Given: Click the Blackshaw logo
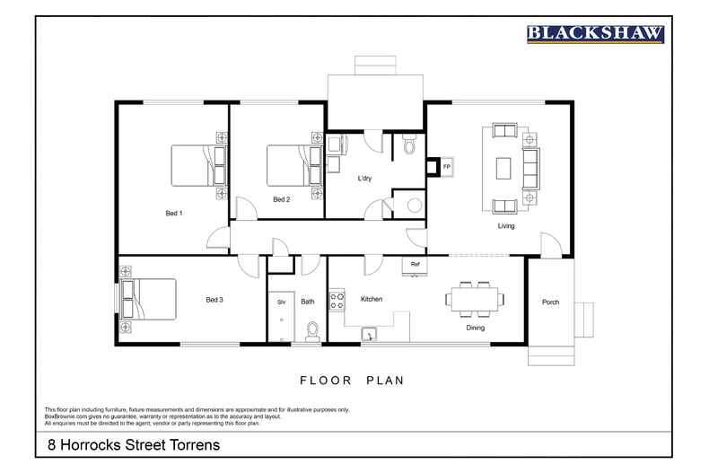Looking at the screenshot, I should point(594,34).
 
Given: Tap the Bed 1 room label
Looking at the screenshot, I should point(174,214).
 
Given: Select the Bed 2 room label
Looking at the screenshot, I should point(281,199).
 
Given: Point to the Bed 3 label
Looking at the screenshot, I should point(214,300).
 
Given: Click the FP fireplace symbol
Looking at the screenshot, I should point(446,167).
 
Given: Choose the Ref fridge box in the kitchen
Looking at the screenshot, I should point(415,265).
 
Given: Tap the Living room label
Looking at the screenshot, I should point(506,226).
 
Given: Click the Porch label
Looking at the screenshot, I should point(550,302).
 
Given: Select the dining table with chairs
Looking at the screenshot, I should point(470,299).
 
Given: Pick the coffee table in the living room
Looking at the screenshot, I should point(504,168).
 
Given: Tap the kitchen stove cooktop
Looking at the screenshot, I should point(337,299).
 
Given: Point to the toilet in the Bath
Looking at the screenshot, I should point(311,329).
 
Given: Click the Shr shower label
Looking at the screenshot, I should point(281,302).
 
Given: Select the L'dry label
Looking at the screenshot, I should point(364,179).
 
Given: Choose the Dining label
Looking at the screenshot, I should point(475,328).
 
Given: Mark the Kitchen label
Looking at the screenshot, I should point(372,299).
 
